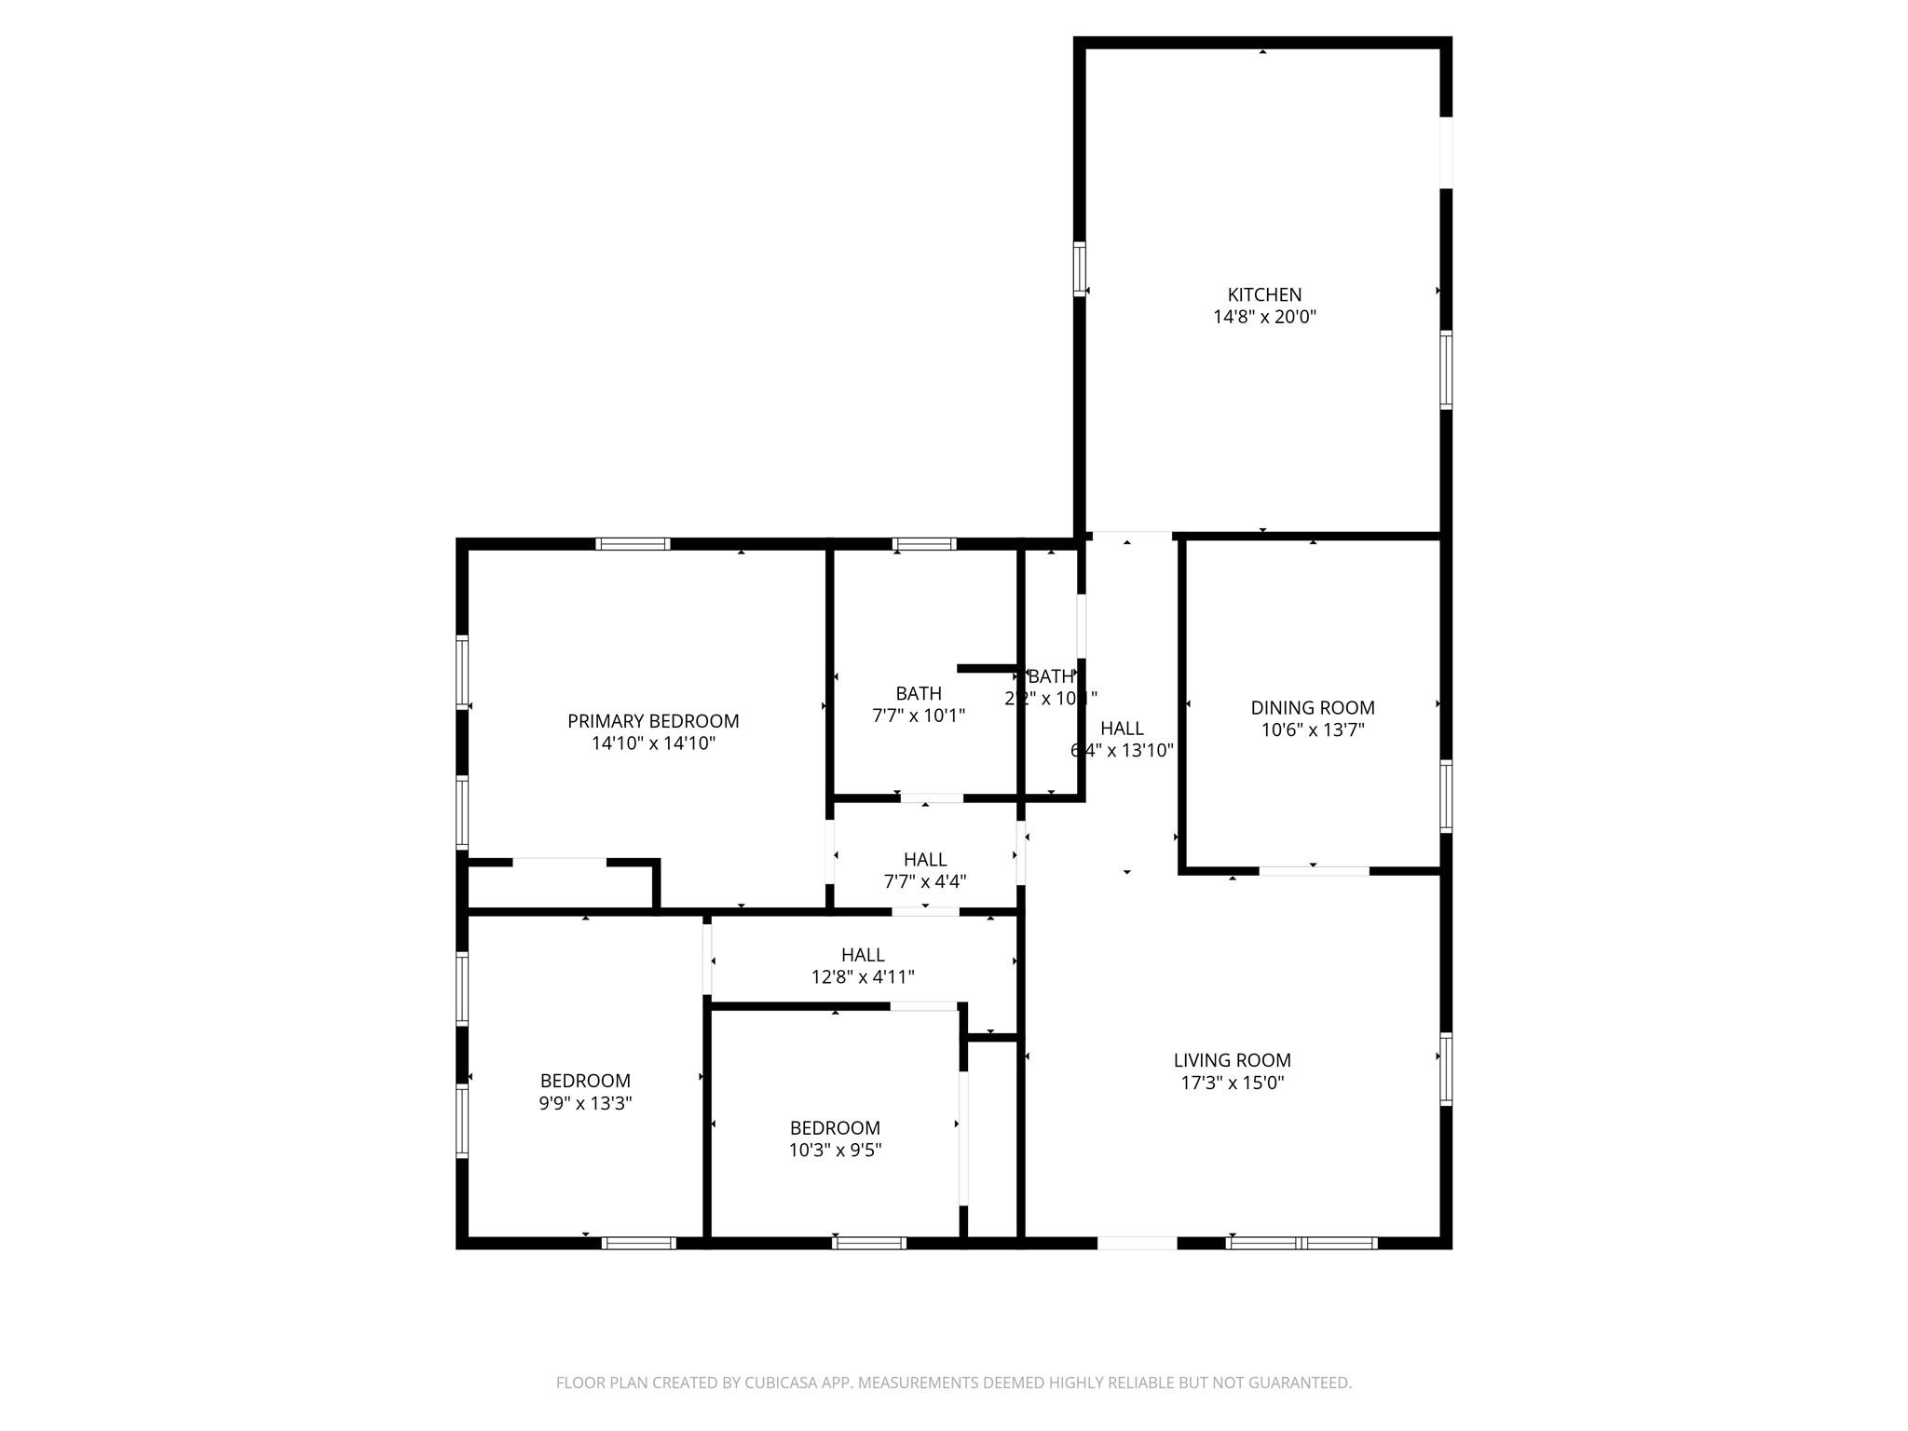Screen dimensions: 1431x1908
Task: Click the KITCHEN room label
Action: point(1263,294)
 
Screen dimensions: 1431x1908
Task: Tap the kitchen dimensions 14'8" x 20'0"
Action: point(1263,317)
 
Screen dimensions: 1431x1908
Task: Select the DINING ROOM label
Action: point(1312,708)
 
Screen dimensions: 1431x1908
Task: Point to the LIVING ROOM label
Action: point(1232,1060)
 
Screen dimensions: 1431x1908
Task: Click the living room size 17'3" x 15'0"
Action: point(1232,1083)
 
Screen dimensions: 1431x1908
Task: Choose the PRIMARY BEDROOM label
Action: point(653,721)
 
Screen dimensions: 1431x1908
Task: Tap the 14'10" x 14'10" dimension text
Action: point(653,743)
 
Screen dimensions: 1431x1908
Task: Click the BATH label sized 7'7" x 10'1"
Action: point(919,693)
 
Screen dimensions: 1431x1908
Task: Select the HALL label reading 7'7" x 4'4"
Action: point(925,859)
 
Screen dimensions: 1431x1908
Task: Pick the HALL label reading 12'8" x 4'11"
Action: point(863,955)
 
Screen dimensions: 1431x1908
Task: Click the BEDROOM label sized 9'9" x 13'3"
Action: point(585,1081)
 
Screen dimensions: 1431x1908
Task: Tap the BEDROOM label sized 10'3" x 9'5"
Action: point(835,1127)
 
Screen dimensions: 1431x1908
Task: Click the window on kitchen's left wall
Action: point(1080,268)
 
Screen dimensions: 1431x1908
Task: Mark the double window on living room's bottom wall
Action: point(1302,1242)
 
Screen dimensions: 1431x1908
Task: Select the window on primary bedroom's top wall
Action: point(633,544)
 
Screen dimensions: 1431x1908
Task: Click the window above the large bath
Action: point(923,544)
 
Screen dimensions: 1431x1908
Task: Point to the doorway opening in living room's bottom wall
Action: point(1137,1242)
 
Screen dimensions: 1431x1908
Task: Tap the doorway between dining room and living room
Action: point(1314,871)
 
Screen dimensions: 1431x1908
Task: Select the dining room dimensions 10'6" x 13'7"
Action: point(1312,730)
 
